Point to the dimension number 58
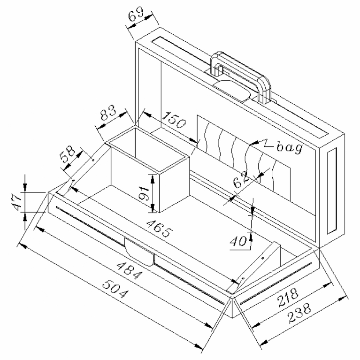click(x=69, y=155)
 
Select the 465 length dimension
click(x=159, y=228)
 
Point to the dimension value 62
click(x=242, y=180)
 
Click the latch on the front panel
click(x=140, y=250)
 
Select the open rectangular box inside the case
click(x=146, y=169)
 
